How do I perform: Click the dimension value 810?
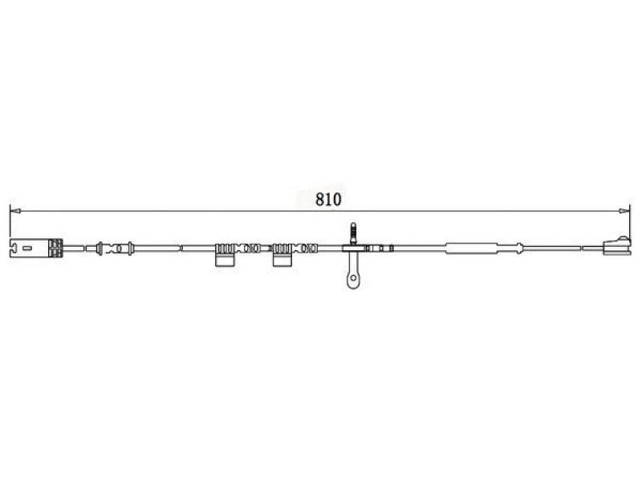tap(328, 199)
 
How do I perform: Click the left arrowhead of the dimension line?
tap(14, 211)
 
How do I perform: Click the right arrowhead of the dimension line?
tap(625, 211)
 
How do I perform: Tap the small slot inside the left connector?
tap(27, 248)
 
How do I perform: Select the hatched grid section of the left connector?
tap(55, 248)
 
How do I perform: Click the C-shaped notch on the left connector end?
tap(13, 248)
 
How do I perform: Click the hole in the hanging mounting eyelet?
tap(352, 278)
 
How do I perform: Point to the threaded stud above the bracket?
tap(353, 234)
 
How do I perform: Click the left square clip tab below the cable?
tap(225, 260)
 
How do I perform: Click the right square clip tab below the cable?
tap(282, 260)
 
